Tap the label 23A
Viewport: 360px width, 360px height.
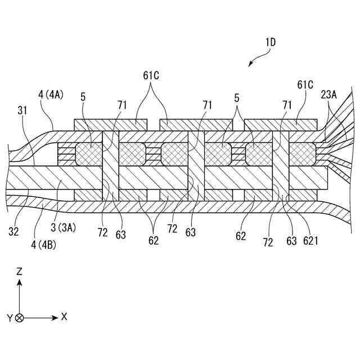click(x=329, y=95)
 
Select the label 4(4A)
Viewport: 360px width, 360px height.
click(x=51, y=94)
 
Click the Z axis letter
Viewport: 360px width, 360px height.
click(x=20, y=271)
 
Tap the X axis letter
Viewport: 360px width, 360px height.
click(x=64, y=317)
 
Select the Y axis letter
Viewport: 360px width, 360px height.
click(x=9, y=318)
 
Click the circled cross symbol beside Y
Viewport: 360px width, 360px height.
click(x=20, y=318)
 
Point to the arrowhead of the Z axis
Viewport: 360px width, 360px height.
click(x=20, y=282)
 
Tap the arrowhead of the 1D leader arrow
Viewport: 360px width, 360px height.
click(x=249, y=65)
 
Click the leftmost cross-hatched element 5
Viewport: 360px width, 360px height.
click(x=88, y=152)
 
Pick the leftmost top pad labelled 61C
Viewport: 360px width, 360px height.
click(x=111, y=123)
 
